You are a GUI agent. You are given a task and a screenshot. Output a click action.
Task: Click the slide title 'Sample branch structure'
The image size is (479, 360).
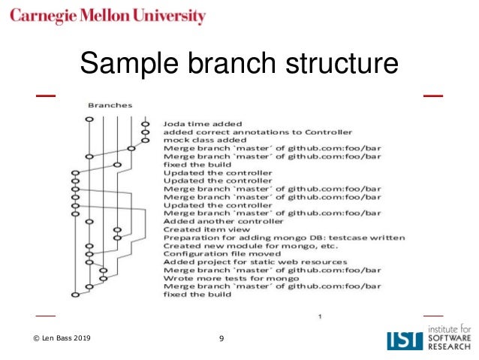(239, 63)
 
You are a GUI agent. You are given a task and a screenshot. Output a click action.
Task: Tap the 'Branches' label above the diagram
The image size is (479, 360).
(110, 106)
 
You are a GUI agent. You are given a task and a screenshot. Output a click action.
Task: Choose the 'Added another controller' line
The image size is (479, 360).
(223, 221)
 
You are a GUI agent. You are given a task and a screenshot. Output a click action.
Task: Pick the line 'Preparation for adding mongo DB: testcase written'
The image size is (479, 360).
(284, 237)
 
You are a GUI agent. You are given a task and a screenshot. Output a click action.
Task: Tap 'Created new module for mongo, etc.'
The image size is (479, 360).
(250, 246)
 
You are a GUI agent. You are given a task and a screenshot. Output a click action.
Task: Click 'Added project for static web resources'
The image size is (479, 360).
(255, 262)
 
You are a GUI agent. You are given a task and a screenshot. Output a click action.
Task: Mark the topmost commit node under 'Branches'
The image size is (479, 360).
(89, 118)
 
